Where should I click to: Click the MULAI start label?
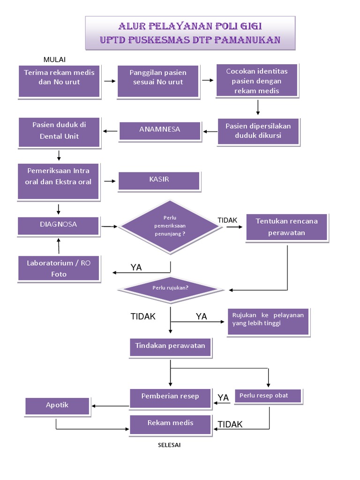[54, 59]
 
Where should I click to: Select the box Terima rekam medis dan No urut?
[59, 81]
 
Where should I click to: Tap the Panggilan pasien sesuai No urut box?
[158, 81]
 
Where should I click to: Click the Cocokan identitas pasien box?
[257, 81]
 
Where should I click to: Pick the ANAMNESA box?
[159, 131]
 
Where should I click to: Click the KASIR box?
[159, 181]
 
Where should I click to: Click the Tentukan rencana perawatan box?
[287, 227]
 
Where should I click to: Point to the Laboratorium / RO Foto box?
[59, 269]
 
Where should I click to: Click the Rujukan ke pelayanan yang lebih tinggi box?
[268, 322]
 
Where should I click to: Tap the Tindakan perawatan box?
[170, 347]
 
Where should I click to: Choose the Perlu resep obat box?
[269, 396]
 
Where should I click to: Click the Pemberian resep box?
[170, 397]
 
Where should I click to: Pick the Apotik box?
[57, 406]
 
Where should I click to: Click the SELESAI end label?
[169, 445]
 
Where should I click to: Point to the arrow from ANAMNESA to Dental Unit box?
[111, 131]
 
